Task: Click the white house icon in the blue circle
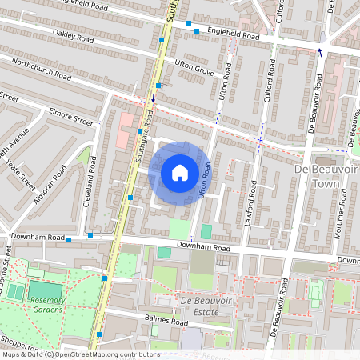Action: [x=179, y=173]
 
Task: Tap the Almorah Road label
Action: [x=50, y=184]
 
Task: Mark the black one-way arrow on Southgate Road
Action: [x=154, y=100]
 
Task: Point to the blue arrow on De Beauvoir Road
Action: [x=320, y=53]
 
